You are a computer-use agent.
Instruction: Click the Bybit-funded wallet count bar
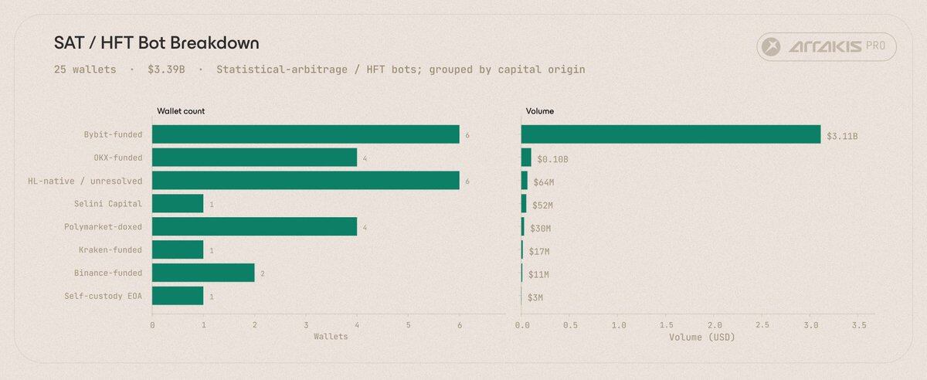[305, 134]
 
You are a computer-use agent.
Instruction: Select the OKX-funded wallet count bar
[254, 158]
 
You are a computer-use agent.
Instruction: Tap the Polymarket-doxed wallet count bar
[254, 227]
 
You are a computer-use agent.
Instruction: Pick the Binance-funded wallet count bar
[203, 273]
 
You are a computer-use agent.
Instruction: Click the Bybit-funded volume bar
[671, 134]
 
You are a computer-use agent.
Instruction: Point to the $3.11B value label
[842, 136]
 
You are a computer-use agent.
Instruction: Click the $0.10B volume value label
[552, 159]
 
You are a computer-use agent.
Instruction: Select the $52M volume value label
[542, 205]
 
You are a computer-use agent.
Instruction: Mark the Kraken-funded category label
[110, 250]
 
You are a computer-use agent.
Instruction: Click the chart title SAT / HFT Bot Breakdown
[156, 42]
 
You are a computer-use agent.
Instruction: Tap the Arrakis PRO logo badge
[827, 48]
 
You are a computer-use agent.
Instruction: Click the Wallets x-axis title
[330, 337]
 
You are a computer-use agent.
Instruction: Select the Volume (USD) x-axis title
[702, 337]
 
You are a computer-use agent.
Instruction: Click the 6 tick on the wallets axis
[460, 324]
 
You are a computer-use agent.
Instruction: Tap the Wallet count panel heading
[181, 111]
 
